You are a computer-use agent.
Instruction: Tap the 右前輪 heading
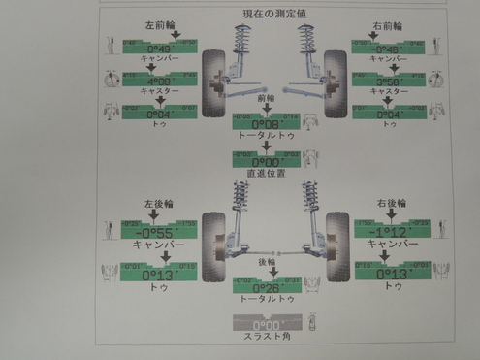pos(378,30)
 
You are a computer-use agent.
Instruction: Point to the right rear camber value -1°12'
pos(386,233)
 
